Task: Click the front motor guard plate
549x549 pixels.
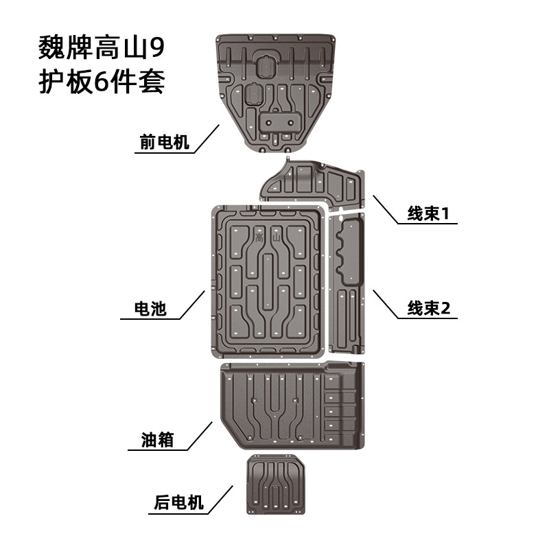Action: click(x=279, y=89)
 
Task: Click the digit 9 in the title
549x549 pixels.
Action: click(x=158, y=50)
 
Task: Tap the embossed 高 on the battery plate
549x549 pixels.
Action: click(x=258, y=236)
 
